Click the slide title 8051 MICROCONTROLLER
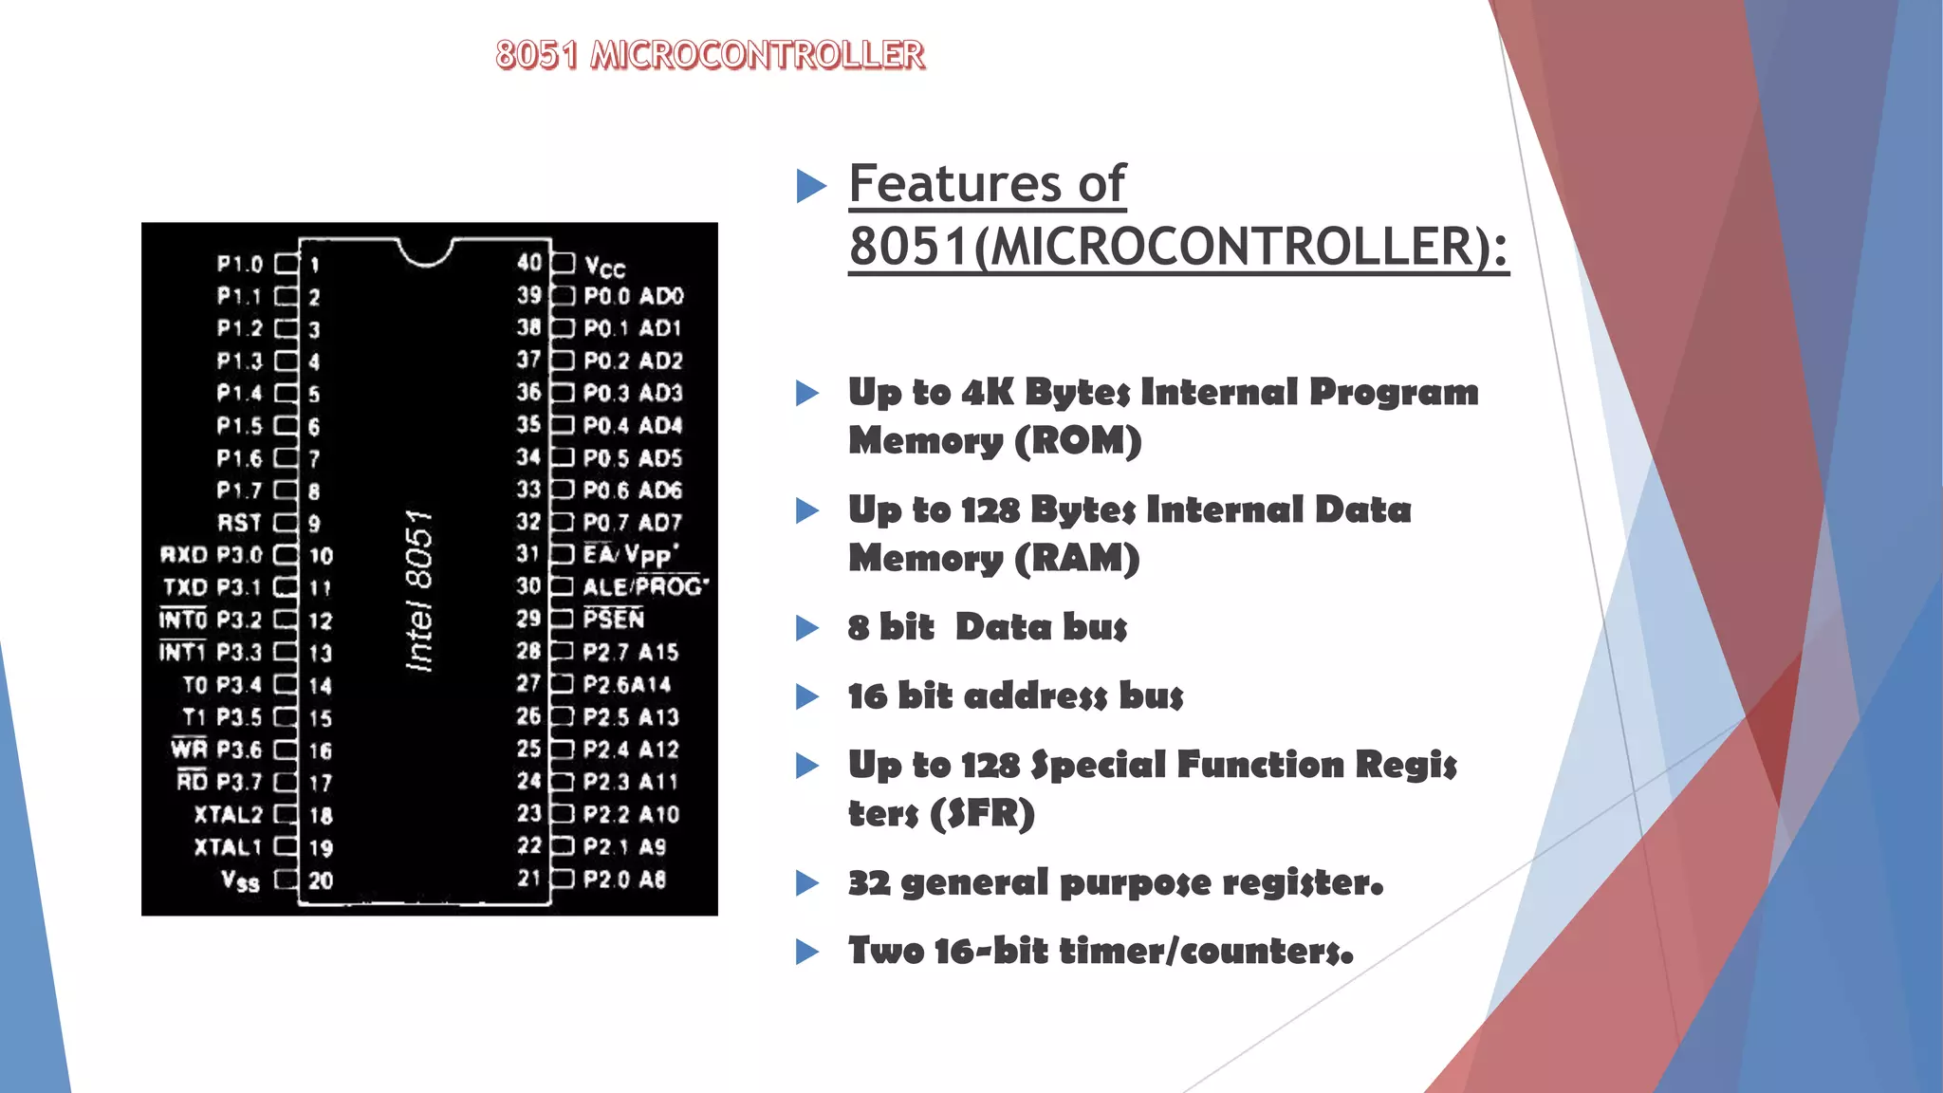tap(710, 55)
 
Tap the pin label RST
tap(239, 523)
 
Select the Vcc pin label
tap(605, 267)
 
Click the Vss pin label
tap(240, 881)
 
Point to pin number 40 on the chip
tap(529, 263)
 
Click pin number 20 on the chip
tap(321, 880)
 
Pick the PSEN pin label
tap(613, 620)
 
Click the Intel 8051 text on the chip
tap(419, 590)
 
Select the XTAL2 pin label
tap(228, 815)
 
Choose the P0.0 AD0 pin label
tap(633, 296)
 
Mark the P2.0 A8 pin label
tap(624, 880)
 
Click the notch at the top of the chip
tap(425, 252)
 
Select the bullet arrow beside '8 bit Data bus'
tap(807, 628)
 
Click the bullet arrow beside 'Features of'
tap(811, 185)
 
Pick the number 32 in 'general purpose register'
tap(869, 883)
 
